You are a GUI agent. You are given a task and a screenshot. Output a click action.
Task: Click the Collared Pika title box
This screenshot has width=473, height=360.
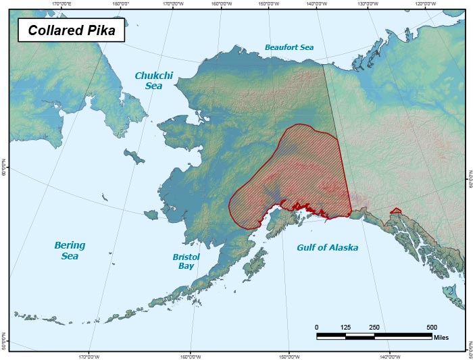[72, 30]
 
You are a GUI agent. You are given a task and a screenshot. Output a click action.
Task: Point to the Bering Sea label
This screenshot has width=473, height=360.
[70, 251]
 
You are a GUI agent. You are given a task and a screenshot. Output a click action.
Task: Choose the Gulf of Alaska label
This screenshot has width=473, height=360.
[328, 248]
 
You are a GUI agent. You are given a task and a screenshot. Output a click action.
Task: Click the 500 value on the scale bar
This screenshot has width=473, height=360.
[431, 327]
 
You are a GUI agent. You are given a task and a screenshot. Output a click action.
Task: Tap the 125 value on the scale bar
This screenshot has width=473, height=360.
[345, 327]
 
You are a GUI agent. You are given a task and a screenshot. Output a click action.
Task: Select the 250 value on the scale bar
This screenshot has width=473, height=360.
[374, 327]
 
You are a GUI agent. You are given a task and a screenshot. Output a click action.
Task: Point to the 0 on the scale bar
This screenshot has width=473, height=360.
[317, 327]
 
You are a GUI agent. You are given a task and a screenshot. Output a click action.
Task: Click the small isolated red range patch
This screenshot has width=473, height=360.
[396, 211]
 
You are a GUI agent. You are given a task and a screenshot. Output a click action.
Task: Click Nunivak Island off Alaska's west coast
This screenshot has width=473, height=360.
[151, 215]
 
